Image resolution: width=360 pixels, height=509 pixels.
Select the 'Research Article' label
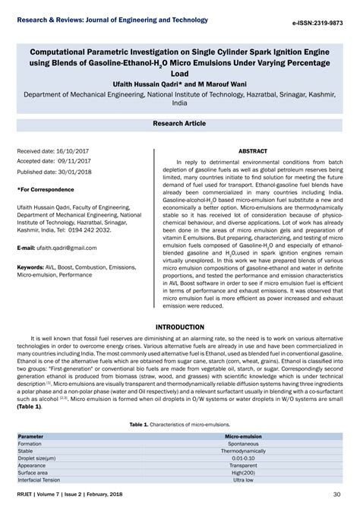[x=179, y=122]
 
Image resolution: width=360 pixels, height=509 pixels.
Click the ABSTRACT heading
[x=253, y=151]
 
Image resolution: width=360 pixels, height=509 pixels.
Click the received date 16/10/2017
[x=73, y=152]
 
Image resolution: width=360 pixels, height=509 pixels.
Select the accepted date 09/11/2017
[x=73, y=161]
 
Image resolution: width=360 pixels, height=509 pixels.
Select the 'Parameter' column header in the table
[x=30, y=438]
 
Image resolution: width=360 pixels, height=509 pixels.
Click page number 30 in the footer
[x=336, y=495]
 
